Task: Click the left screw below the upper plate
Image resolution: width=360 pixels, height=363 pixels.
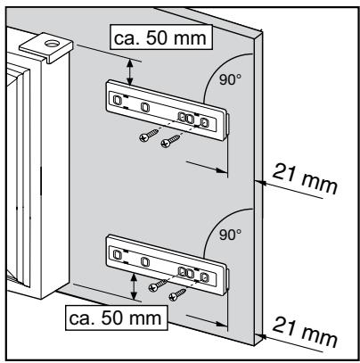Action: point(144,135)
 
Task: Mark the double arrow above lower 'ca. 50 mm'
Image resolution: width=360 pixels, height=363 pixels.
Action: point(134,285)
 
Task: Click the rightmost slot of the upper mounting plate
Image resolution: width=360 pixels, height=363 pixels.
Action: point(205,121)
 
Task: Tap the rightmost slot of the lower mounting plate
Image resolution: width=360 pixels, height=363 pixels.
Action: point(205,275)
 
